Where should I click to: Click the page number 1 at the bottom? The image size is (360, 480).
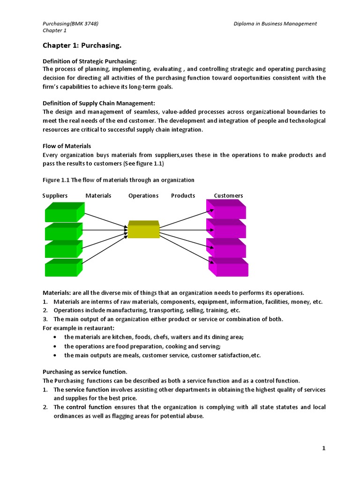coord(323,448)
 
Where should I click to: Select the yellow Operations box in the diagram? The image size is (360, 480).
coord(143,230)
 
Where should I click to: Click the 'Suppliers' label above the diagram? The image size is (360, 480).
coord(55,195)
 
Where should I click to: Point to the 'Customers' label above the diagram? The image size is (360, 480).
coord(228,195)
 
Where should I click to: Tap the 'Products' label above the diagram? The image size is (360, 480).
coord(183,195)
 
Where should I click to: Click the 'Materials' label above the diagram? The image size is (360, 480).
coord(98,195)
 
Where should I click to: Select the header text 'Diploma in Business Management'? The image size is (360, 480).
coord(275,23)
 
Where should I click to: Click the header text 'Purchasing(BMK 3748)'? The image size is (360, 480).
coord(70,23)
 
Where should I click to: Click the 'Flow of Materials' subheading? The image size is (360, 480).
coord(67,146)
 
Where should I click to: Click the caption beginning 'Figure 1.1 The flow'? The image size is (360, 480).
coord(118,180)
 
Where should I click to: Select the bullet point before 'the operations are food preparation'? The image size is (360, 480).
coord(56,346)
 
